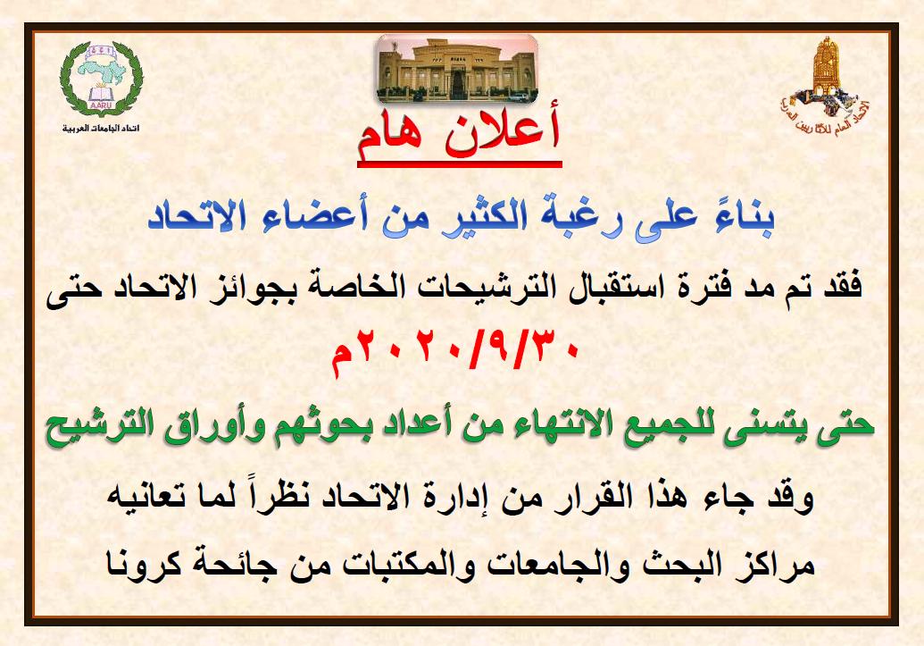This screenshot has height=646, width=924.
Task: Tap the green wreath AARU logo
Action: (x=102, y=79)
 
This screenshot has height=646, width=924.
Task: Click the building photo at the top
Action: (x=457, y=69)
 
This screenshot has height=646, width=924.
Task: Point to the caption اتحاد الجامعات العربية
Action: (x=101, y=129)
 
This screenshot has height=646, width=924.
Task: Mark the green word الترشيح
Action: (x=101, y=427)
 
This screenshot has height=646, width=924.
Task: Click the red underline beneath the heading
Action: (x=460, y=164)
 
